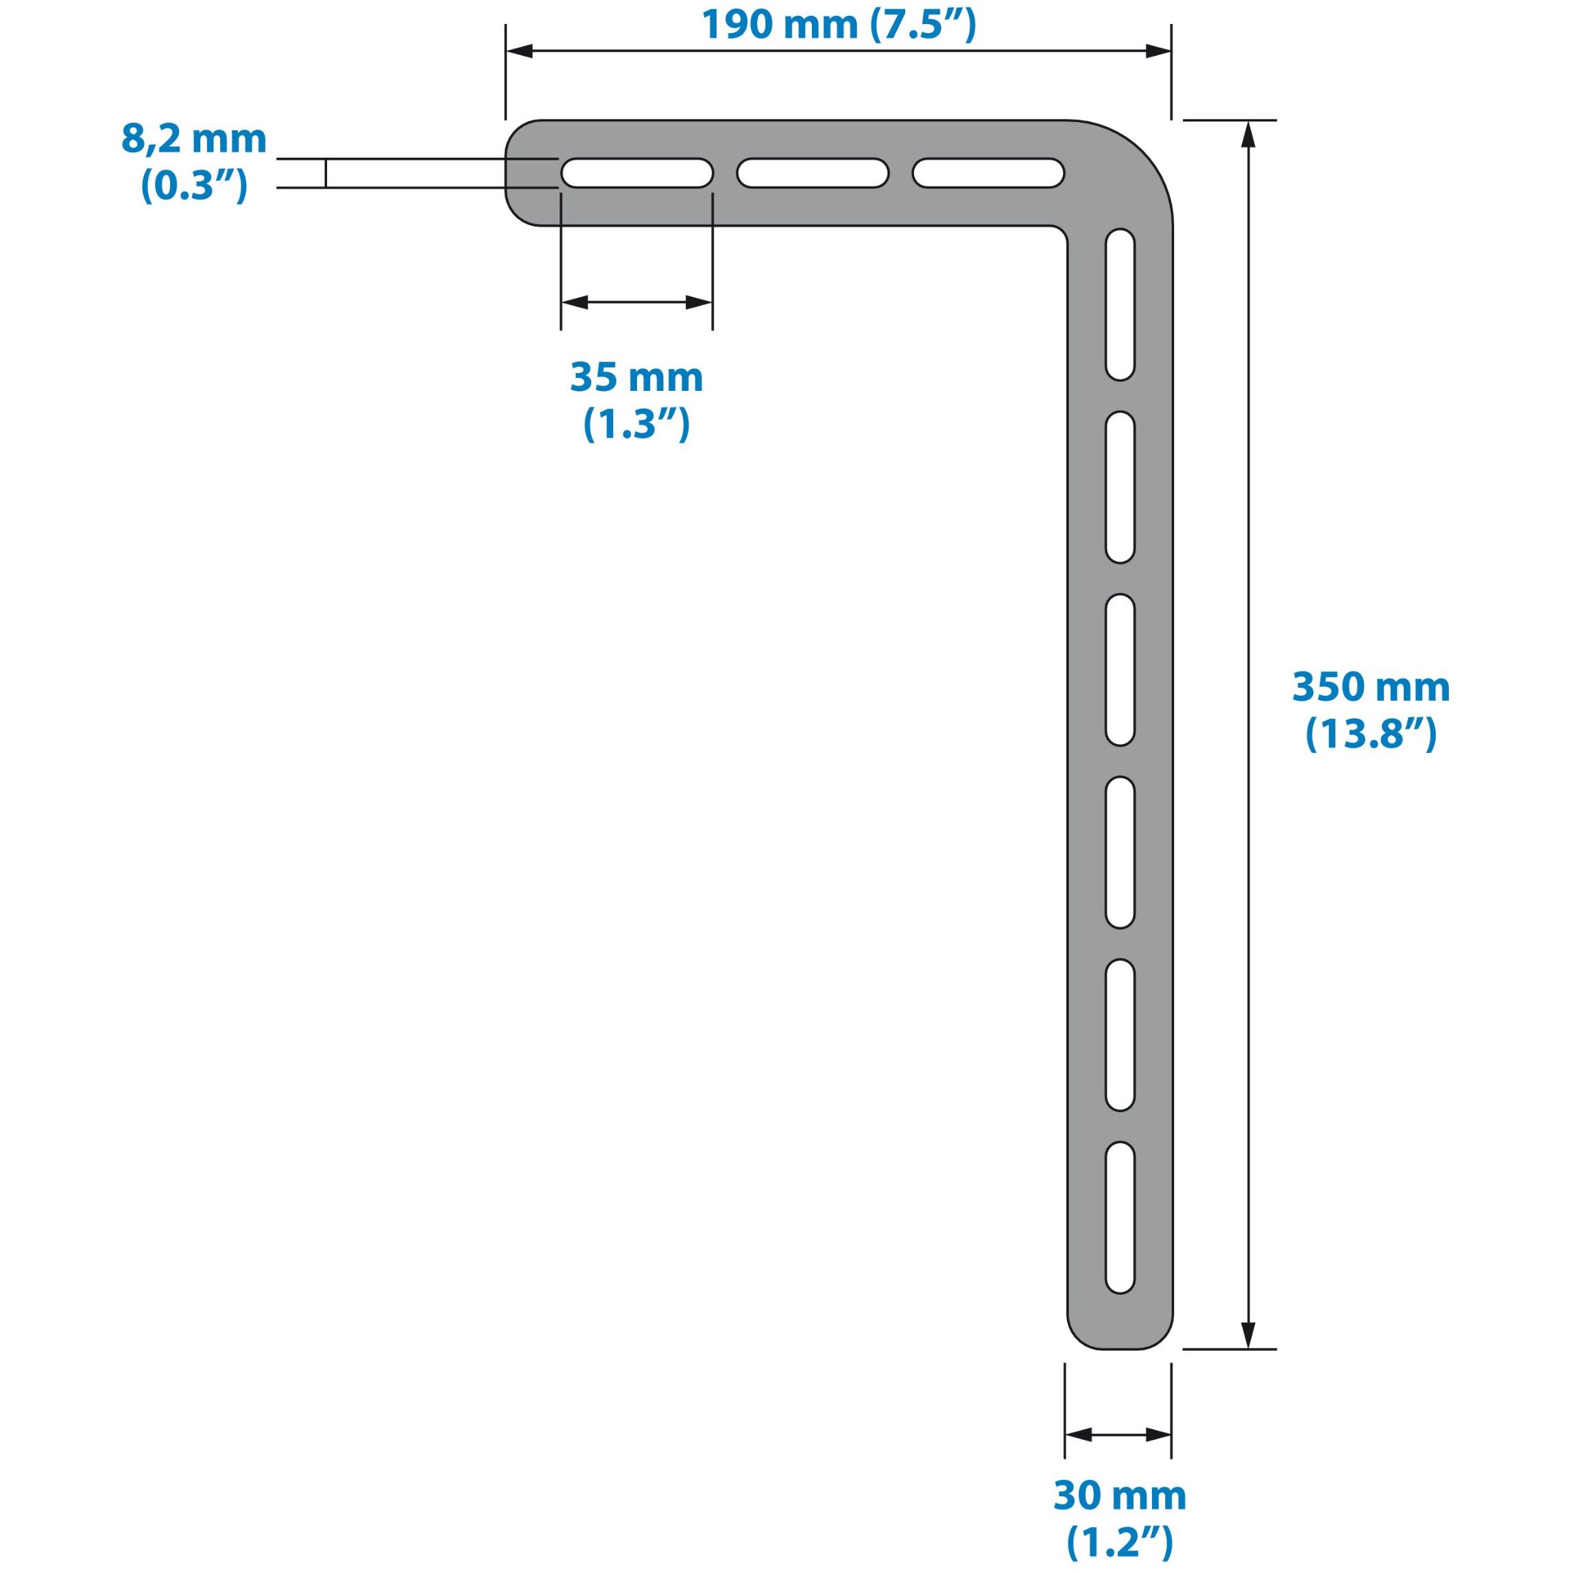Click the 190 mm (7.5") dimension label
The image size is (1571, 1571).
839,25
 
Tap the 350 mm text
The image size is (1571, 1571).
1371,688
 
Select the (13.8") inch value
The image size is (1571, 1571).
1371,735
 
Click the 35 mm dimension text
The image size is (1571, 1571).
636,378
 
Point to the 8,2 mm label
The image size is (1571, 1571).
193,139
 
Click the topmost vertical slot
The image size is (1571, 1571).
1120,304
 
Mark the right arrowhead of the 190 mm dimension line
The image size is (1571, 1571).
1158,51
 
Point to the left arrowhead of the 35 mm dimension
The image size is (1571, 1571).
574,302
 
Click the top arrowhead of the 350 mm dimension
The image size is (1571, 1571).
1249,134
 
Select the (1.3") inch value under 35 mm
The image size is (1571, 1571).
636,424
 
